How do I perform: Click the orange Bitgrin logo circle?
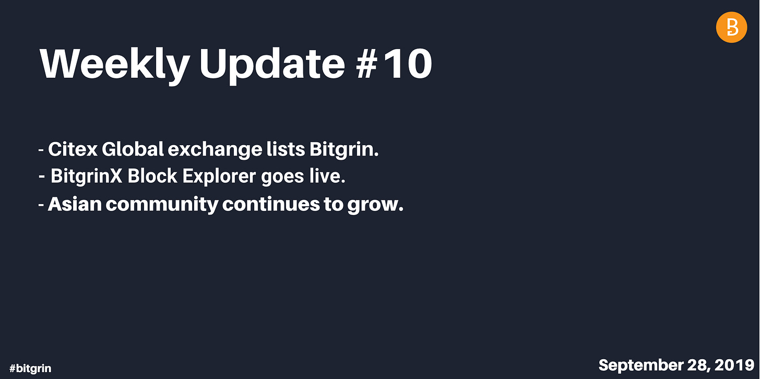point(731,27)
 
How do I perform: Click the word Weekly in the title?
point(115,65)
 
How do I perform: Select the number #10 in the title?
point(394,64)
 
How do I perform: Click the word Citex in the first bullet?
point(73,149)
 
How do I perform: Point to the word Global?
point(133,149)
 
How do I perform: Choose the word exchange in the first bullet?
point(215,150)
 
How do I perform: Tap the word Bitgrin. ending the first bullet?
point(344,150)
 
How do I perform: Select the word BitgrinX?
point(87,176)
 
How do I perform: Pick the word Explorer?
point(219,177)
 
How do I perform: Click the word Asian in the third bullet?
point(75,204)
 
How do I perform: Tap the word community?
point(162,205)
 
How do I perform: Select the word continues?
point(271,204)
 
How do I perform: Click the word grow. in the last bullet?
point(375,205)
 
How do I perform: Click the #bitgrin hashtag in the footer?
point(30,368)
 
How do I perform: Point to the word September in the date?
point(640,365)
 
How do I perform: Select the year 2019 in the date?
point(734,365)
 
